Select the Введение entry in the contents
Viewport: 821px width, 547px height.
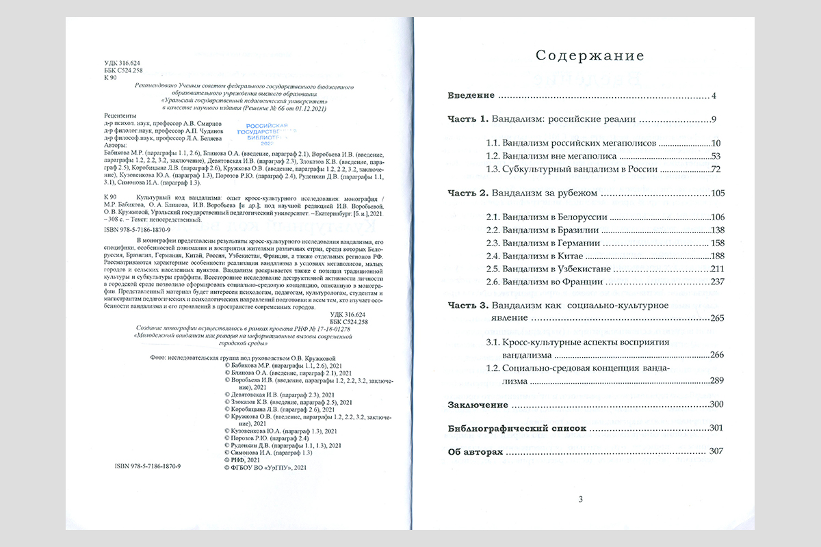[x=472, y=95]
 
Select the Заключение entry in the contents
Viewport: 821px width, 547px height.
[x=478, y=405]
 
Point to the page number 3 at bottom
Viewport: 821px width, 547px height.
[x=580, y=498]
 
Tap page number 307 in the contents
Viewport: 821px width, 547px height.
[x=715, y=453]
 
